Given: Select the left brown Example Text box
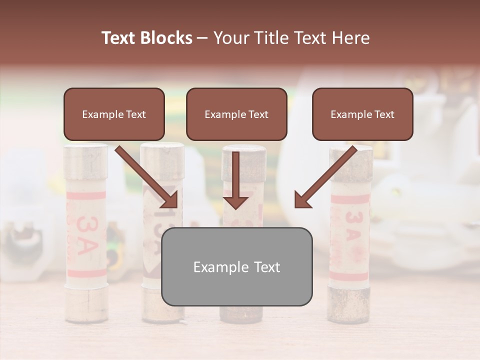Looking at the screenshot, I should tap(114, 114).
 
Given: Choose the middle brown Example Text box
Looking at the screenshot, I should tap(236, 114).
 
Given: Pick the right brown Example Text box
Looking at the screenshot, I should tap(362, 114).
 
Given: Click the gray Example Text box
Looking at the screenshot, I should tap(236, 266).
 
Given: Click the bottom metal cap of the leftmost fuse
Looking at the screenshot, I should tap(85, 304).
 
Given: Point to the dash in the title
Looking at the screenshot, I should tap(202, 37).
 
